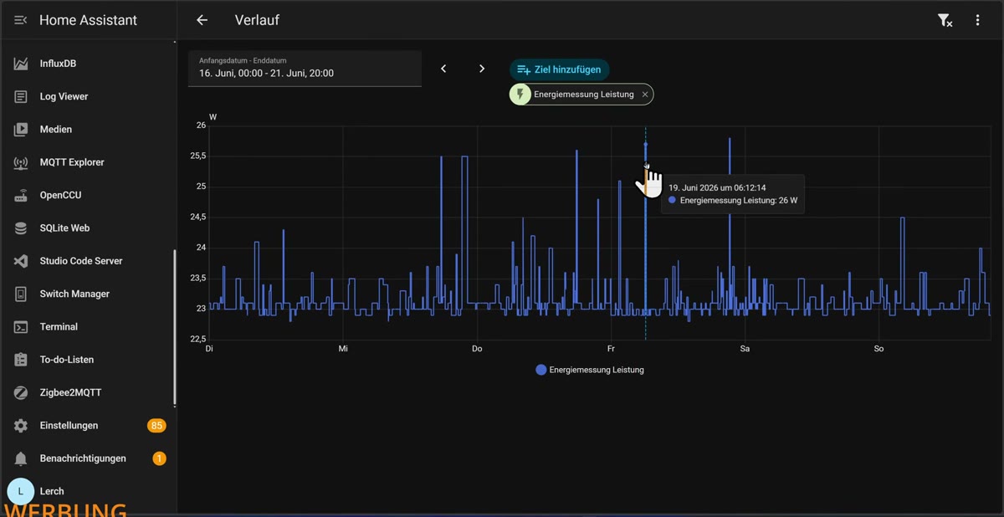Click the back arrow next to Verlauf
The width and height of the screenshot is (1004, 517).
point(202,20)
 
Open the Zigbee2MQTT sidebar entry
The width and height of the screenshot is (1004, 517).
point(70,392)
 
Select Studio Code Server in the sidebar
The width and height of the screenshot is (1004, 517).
point(80,261)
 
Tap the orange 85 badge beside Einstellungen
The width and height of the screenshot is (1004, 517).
point(156,425)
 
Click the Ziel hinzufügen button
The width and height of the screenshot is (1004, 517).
point(559,69)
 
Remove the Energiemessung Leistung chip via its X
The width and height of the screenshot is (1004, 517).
point(644,95)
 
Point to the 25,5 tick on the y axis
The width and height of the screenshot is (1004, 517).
point(198,156)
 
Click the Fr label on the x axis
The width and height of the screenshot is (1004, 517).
point(611,349)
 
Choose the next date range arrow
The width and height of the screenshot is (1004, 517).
point(482,69)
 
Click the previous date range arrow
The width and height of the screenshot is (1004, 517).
point(443,69)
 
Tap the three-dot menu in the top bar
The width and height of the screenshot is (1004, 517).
point(977,20)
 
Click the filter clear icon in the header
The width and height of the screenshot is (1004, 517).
point(945,20)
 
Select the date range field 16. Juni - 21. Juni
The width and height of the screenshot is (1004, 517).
point(305,69)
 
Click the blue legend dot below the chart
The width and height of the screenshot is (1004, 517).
point(541,370)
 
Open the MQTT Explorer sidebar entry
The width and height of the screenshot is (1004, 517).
point(72,162)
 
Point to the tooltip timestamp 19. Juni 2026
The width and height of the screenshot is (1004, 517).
point(717,187)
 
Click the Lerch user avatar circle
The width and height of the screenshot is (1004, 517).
point(21,491)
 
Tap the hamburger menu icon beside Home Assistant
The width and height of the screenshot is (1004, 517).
point(21,20)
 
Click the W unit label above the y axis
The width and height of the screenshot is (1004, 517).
point(213,117)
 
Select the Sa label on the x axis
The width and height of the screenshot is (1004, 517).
point(745,349)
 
